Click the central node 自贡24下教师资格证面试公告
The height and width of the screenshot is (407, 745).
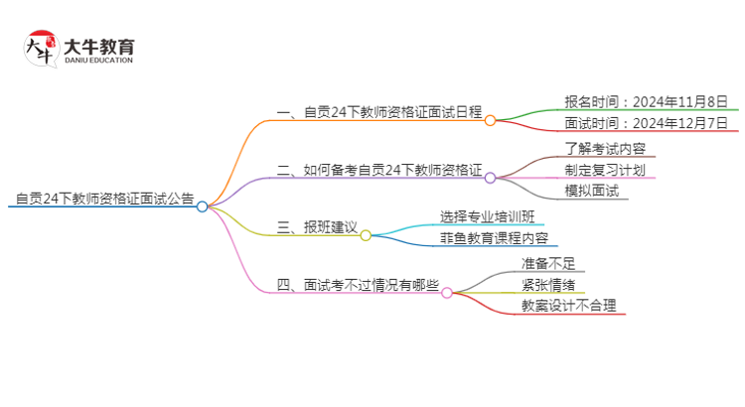[x=104, y=199]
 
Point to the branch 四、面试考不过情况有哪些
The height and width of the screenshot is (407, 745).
[x=358, y=285]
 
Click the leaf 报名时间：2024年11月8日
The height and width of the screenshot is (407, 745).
[x=632, y=101]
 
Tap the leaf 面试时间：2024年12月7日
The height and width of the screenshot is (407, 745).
[x=632, y=124]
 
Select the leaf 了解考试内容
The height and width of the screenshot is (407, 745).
[x=604, y=149]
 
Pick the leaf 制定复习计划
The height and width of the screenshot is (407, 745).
[x=604, y=170]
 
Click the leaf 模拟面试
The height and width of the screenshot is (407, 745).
[x=590, y=191]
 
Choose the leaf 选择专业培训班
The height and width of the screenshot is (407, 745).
[x=493, y=216]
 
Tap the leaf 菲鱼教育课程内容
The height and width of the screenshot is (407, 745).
[x=493, y=238]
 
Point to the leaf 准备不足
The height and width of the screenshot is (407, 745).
[x=548, y=264]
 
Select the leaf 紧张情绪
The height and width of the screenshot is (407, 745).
[x=548, y=285]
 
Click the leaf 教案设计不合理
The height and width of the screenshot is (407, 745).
[x=568, y=306]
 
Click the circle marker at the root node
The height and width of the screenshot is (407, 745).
[x=203, y=206]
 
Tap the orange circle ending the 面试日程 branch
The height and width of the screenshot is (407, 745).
[x=490, y=120]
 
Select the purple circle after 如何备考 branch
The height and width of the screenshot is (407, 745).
[x=490, y=178]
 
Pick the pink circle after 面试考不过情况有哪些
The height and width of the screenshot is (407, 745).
[x=447, y=293]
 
